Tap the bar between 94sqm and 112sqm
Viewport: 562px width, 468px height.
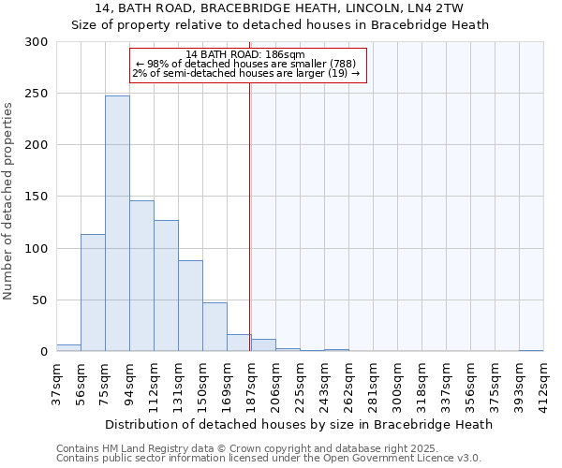click(141, 276)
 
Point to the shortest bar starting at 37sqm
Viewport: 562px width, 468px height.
click(68, 348)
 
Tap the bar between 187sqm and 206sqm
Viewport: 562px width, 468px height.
click(263, 345)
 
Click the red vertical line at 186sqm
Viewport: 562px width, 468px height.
click(249, 215)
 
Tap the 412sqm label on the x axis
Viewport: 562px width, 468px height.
click(543, 382)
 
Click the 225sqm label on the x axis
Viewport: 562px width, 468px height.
click(300, 382)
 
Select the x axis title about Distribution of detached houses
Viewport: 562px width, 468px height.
click(299, 424)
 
